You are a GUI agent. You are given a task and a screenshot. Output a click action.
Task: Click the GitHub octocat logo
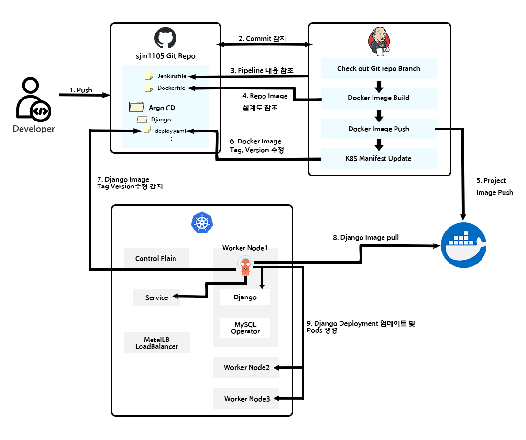(165, 38)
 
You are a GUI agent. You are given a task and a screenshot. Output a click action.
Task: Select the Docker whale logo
(463, 244)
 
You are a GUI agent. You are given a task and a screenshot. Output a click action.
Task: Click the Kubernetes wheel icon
(202, 223)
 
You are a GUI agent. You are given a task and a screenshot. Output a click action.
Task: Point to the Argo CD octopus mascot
(245, 266)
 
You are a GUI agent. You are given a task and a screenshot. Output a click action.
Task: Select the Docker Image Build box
(379, 98)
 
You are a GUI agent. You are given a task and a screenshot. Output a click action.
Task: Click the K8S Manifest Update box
(379, 158)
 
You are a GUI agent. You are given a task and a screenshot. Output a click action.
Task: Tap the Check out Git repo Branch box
(379, 68)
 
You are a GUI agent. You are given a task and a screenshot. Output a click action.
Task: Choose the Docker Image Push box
(379, 129)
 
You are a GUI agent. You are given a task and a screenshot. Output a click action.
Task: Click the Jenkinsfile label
(172, 76)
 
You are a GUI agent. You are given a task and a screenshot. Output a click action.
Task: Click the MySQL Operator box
(245, 328)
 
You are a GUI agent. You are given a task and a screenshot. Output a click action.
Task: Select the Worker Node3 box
(247, 399)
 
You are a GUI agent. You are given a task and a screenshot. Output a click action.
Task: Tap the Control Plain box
(156, 258)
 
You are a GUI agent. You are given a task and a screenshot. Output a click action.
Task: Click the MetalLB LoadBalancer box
(157, 343)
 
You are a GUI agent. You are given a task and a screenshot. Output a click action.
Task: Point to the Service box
(157, 297)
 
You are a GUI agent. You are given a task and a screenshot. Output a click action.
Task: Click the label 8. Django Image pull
(366, 237)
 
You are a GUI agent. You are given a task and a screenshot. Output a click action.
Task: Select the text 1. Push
(81, 89)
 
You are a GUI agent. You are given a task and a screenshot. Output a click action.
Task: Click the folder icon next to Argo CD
(136, 107)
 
